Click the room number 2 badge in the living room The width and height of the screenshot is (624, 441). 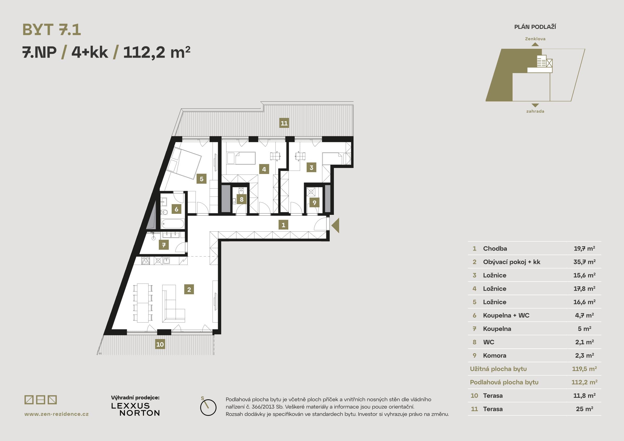tap(189, 289)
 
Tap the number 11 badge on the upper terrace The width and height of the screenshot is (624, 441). tap(284, 123)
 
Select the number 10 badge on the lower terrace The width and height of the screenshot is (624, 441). tap(160, 344)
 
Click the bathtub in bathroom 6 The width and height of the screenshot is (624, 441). tap(173, 224)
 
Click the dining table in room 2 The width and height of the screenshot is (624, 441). tap(143, 303)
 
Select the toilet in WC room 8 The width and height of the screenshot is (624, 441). tap(241, 190)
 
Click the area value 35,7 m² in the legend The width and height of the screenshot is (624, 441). tap(584, 262)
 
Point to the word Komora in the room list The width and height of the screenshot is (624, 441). tap(495, 355)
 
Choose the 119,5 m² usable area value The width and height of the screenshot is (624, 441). tap(584, 369)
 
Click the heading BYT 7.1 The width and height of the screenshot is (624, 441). tap(52, 30)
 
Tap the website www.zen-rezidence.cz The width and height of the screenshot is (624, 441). tap(57, 414)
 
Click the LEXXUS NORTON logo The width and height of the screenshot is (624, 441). tap(135, 409)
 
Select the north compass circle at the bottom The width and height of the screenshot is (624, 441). tap(208, 407)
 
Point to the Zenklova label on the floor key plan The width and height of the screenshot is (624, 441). tap(535, 39)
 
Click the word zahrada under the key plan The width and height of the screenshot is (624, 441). tap(535, 111)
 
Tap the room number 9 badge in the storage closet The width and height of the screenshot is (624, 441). tap(314, 203)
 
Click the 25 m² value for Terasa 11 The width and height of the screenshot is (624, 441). tap(585, 409)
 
